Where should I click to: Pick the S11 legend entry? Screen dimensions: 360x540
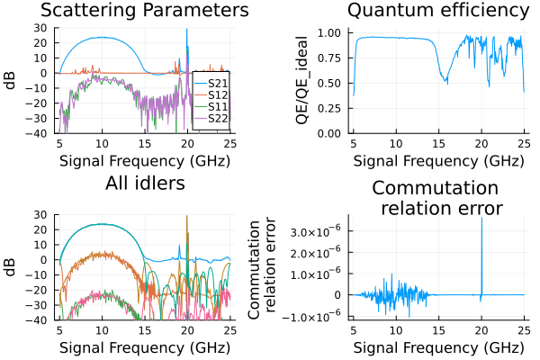[x=217, y=106]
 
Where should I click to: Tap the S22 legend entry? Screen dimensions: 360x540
[x=217, y=118]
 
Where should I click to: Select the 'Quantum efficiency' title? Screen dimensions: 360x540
[x=437, y=11]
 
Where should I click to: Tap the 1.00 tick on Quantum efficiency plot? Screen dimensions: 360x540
[x=328, y=32]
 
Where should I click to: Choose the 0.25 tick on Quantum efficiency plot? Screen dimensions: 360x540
[x=328, y=108]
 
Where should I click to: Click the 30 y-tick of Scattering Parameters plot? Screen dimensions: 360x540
[x=40, y=28]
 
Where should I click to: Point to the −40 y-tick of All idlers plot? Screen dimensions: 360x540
[x=39, y=320]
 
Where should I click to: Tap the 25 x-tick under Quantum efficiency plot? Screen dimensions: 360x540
[x=524, y=143]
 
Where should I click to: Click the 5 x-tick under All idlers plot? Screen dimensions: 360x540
[x=59, y=330]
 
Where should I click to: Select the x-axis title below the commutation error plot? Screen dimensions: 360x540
[x=437, y=347]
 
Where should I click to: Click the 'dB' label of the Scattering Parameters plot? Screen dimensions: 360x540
[x=12, y=80]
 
